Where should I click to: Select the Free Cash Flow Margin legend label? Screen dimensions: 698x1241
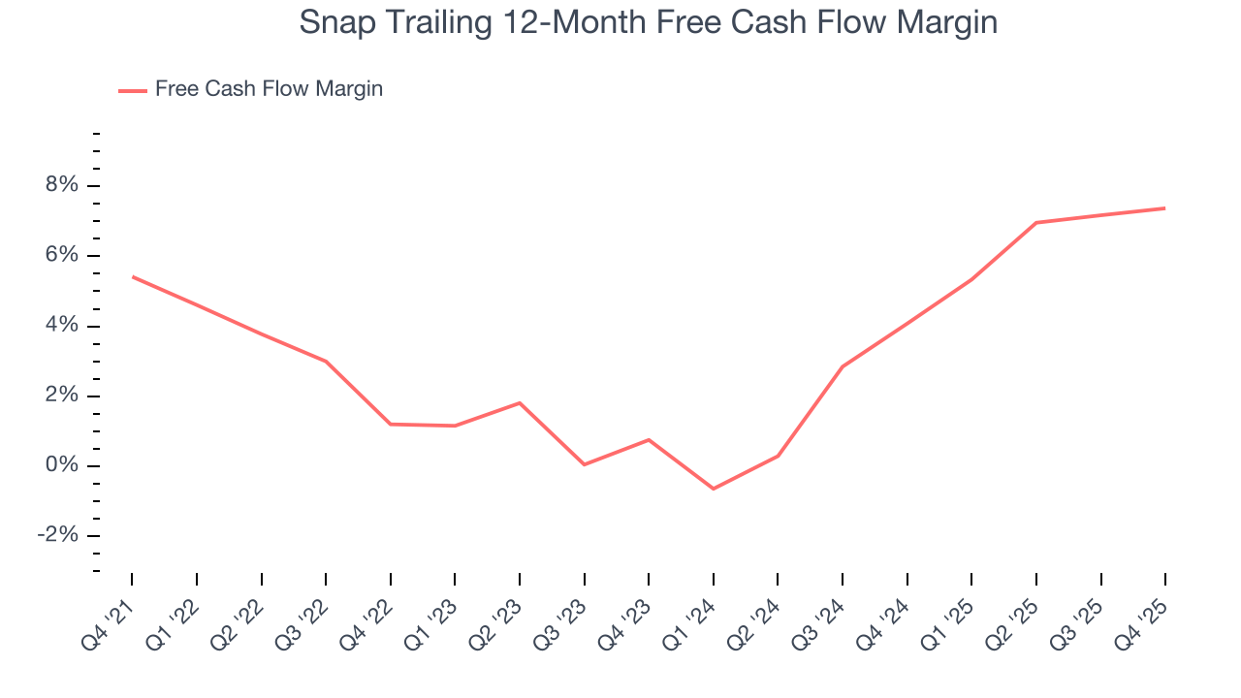tap(269, 89)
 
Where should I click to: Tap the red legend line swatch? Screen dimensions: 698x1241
tap(133, 90)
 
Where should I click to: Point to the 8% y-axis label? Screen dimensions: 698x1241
tap(59, 185)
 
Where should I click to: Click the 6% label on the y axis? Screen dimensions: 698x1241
tap(59, 255)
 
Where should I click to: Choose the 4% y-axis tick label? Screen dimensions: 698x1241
tap(59, 326)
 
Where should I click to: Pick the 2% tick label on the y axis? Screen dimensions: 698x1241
tap(59, 396)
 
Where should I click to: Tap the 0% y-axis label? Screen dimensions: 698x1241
tap(59, 465)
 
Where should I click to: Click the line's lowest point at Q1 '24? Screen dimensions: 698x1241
tap(714, 489)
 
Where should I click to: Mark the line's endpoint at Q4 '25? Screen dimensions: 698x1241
tap(1164, 208)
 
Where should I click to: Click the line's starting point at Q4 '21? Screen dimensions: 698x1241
tap(132, 277)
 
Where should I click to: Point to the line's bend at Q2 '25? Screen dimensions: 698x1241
tap(1036, 223)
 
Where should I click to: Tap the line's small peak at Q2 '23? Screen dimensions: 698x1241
tap(520, 402)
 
